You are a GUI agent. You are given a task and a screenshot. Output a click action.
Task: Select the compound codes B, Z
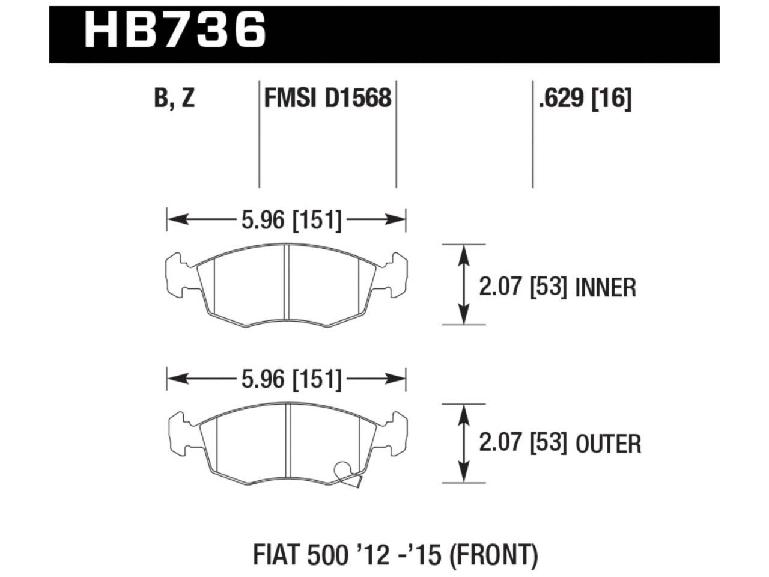click(174, 97)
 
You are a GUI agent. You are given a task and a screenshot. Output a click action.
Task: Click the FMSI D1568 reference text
click(327, 97)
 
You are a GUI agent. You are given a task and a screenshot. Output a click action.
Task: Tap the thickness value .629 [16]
click(585, 97)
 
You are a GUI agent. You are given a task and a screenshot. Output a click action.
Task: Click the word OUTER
click(608, 444)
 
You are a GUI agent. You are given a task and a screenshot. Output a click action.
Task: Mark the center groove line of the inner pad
click(287, 285)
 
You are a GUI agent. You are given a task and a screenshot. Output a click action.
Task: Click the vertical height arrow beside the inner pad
click(463, 285)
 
